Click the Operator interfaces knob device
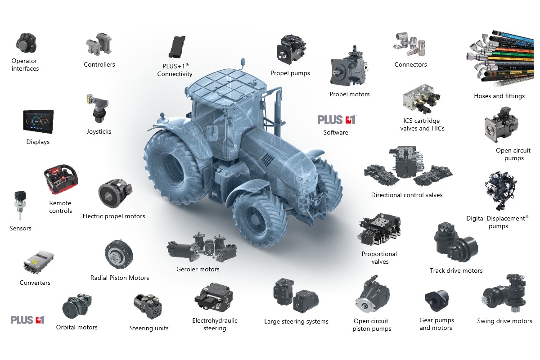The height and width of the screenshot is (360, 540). coord(26,43)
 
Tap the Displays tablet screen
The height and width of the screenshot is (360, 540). coord(38,121)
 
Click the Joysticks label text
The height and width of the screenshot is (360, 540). coord(99,132)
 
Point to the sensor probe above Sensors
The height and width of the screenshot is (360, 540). coord(20,205)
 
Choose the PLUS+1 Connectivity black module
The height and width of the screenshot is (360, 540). coord(177,47)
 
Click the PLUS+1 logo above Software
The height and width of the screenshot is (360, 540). coord(337,120)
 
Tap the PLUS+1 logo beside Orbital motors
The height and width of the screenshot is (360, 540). coord(28,320)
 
